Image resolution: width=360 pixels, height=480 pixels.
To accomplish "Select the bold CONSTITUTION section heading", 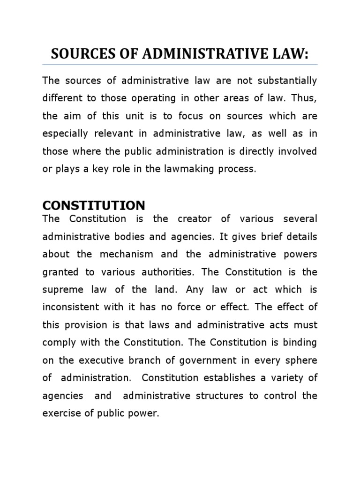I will [94, 205].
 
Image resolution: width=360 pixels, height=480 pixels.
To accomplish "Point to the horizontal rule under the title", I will [180, 65].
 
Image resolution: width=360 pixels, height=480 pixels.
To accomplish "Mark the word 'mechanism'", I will [129, 254].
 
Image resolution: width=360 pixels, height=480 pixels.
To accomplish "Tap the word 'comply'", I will [56, 343].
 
